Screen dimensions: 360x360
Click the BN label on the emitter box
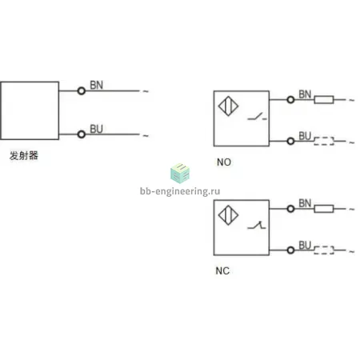96,86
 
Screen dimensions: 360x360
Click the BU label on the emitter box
96,129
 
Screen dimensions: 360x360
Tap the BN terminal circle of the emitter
82,91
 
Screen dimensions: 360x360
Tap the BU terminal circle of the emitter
82,134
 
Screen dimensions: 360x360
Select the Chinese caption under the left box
24,155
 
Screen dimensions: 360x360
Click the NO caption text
224,162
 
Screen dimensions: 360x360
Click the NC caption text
222,271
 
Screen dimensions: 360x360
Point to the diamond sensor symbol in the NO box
228,106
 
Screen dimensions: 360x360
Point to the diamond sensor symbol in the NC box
228,215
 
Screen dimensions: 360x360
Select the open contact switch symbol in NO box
257,117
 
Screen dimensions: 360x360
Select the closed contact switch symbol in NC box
257,226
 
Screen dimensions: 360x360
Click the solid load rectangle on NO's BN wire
324,100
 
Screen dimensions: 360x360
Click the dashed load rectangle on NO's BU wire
324,141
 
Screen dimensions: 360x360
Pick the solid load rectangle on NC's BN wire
324,209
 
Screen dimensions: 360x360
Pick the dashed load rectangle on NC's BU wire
324,250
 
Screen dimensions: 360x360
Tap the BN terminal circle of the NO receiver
290,100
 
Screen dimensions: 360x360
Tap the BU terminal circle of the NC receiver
290,250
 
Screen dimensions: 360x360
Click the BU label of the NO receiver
305,136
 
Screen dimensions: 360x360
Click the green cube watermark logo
180,174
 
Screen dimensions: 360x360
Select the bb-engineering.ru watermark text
180,191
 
